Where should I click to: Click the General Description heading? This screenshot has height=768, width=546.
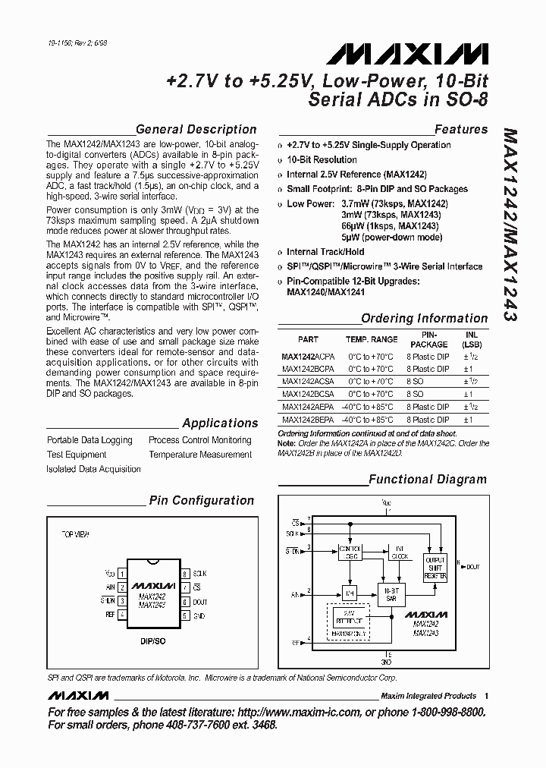pos(196,129)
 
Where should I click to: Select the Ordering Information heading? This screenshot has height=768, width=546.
pos(424,318)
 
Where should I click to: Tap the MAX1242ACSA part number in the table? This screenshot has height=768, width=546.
pos(307,382)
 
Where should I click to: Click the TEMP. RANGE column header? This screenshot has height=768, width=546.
pos(372,340)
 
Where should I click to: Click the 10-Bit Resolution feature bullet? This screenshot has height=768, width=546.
pos(322,159)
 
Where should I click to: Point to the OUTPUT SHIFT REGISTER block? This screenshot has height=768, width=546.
pos(435,566)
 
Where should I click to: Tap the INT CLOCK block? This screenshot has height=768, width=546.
pos(398,552)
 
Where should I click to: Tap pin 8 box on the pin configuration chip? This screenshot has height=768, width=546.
pos(184,574)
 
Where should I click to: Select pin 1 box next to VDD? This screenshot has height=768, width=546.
pos(123,574)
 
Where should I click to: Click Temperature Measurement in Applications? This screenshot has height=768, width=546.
pos(199,455)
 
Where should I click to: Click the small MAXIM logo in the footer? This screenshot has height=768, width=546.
pos(77,695)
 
